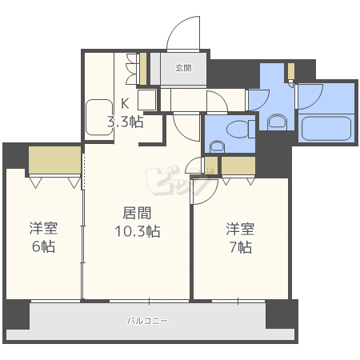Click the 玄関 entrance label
pos(183,69)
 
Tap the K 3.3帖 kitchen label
pos(126,113)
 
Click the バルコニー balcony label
pos(147,321)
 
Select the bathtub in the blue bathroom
pos(326,129)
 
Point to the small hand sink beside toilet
pos(216,146)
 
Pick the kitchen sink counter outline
pos(99,118)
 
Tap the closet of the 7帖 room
pos(238,166)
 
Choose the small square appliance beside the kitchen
pos(146,100)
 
